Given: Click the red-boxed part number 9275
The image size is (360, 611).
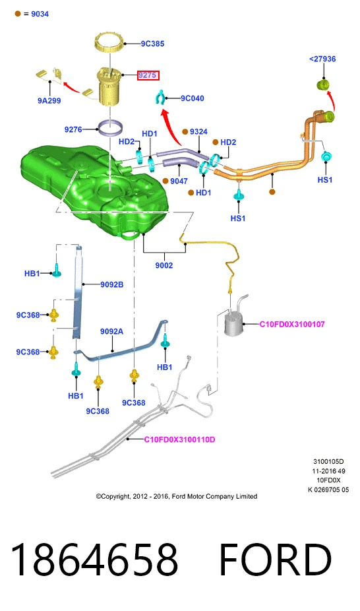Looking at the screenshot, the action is coord(148,75).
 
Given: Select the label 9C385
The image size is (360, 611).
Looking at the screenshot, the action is coord(152,44).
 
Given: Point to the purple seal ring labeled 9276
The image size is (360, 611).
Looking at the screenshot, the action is coord(111,128).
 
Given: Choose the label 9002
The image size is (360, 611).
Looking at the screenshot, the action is coord(164,265).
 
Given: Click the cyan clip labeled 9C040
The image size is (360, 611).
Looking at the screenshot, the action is coord(160,98).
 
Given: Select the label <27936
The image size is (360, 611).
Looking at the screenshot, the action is coord(322,59).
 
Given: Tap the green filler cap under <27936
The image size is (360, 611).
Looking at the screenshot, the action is coord(323,84).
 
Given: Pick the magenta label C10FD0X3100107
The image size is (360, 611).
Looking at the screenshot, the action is coord(292,324).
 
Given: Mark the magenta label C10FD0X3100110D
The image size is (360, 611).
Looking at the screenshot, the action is coord(179,439).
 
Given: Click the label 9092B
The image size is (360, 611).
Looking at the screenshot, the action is coord(111,284).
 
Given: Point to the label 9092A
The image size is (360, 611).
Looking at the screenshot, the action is coord(111,331).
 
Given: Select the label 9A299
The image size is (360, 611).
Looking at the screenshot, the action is coord(49,100).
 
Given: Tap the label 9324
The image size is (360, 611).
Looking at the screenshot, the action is coord(198,132).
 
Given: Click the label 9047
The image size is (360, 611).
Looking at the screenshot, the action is coord(179,181).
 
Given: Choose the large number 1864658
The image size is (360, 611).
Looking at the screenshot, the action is coord(94,560).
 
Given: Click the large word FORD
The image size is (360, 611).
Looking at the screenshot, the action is coord(276,560).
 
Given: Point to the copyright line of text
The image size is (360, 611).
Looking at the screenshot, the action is coord(176,496).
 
